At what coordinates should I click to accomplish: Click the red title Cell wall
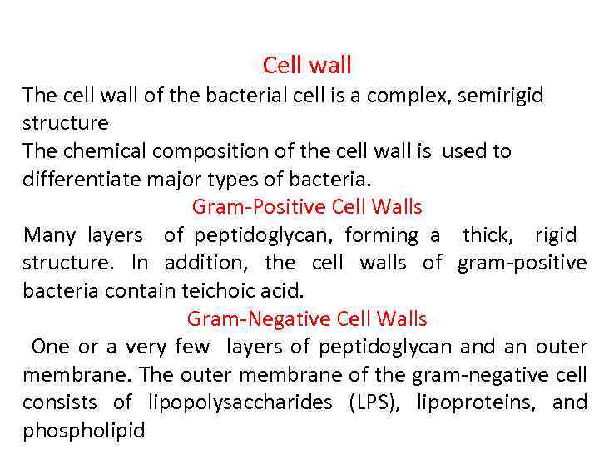(x=307, y=65)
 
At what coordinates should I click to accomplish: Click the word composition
(x=205, y=151)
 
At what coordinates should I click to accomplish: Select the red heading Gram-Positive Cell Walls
(x=307, y=206)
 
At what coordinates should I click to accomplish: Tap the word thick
(x=489, y=235)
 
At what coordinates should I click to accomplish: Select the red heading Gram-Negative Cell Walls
(x=307, y=318)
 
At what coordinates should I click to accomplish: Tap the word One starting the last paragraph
(x=50, y=347)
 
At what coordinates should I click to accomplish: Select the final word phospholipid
(x=83, y=432)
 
